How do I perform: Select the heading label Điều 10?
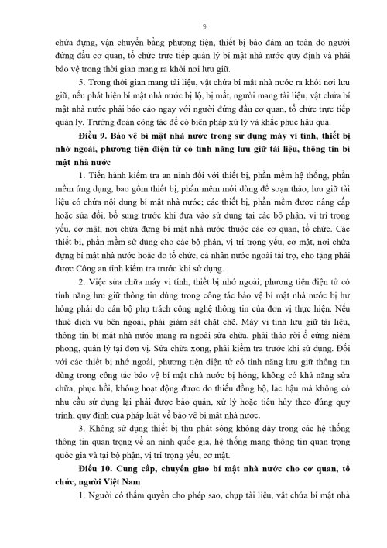click(94, 501)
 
